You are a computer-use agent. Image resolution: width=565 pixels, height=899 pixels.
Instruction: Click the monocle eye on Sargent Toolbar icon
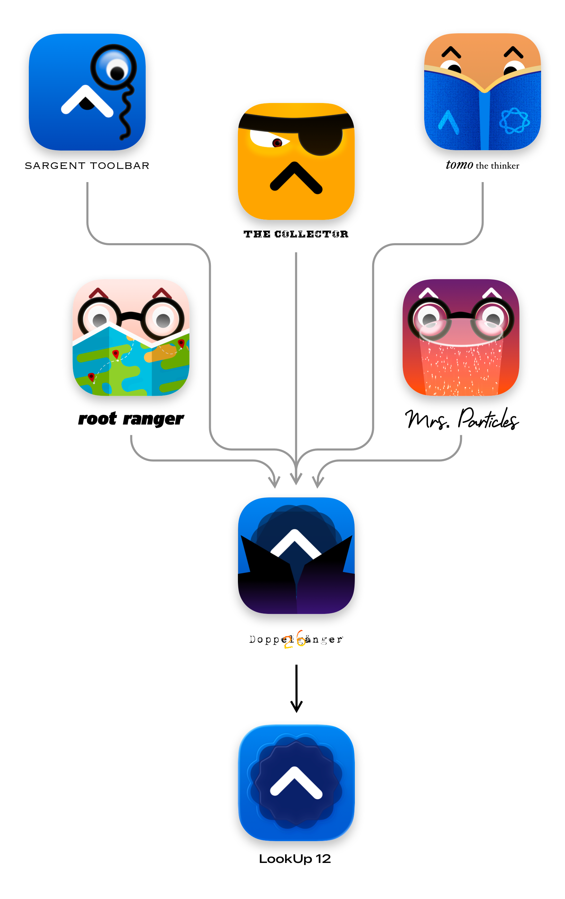113,67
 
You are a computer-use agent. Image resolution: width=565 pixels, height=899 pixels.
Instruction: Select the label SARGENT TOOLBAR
87,165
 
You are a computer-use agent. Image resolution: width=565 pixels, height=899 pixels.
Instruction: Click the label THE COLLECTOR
296,234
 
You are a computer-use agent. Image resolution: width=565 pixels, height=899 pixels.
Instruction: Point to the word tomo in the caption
459,165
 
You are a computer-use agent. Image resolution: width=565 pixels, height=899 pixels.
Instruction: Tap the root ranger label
131,419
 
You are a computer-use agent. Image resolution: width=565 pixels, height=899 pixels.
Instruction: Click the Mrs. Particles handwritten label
462,419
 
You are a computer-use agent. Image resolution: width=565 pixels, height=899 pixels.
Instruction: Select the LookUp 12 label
294,859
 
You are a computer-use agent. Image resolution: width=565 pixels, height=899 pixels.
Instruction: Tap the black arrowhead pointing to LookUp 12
296,707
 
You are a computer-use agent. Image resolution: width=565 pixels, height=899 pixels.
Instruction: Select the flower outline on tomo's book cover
514,121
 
